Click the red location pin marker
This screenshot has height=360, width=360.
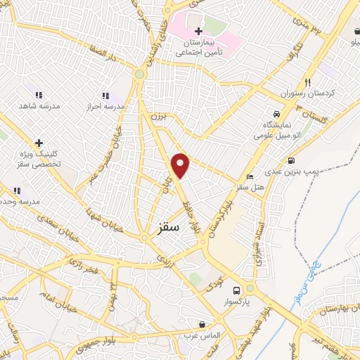[181, 165]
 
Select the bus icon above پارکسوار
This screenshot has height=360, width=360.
[236, 290]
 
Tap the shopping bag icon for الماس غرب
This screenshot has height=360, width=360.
[202, 325]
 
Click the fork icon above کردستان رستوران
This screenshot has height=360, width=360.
[307, 82]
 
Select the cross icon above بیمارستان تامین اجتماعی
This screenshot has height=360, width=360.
[199, 31]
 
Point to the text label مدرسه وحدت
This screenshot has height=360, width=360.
[19, 201]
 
